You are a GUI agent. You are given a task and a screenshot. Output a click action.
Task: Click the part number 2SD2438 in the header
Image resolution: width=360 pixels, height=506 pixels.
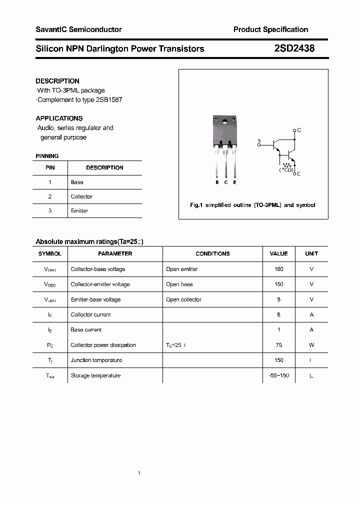pyautogui.click(x=294, y=48)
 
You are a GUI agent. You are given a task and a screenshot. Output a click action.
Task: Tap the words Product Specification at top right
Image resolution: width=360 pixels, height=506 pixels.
pyautogui.click(x=270, y=29)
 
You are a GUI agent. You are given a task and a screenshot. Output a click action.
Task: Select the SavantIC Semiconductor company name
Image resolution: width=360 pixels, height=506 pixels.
pyautogui.click(x=78, y=29)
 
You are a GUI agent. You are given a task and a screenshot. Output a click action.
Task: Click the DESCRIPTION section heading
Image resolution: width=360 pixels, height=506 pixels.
pyautogui.click(x=57, y=81)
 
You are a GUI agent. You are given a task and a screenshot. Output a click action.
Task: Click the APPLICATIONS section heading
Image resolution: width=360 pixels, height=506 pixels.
pyautogui.click(x=59, y=118)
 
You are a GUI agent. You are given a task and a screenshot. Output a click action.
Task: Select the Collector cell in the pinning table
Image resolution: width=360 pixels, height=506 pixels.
pyautogui.click(x=81, y=196)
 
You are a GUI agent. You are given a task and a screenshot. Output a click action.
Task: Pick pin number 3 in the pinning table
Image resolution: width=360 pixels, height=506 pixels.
pyautogui.click(x=50, y=210)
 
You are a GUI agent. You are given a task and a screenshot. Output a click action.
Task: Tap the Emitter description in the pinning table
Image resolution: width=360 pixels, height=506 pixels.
pyautogui.click(x=79, y=210)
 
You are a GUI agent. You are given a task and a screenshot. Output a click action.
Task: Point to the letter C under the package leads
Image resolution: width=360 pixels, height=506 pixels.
pyautogui.click(x=226, y=182)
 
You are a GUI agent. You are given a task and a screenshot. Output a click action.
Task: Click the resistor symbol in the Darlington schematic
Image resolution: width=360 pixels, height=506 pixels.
pyautogui.click(x=287, y=164)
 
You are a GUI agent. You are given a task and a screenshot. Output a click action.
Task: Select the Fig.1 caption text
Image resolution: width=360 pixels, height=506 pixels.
pyautogui.click(x=252, y=205)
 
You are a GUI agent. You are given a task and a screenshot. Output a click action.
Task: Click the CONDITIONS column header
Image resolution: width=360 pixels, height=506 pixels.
pyautogui.click(x=212, y=253)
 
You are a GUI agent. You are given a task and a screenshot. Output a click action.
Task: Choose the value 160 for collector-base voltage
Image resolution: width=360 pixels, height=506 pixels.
pyautogui.click(x=278, y=269)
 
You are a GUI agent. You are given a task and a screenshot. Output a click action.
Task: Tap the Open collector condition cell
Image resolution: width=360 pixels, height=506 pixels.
pyautogui.click(x=183, y=299)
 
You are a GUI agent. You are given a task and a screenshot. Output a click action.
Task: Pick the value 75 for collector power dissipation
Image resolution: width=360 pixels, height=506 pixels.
pyautogui.click(x=278, y=345)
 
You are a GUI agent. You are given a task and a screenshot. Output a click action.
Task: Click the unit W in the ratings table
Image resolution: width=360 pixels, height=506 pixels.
pyautogui.click(x=311, y=345)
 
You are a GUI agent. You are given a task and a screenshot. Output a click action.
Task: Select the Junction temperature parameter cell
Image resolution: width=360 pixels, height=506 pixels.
pyautogui.click(x=96, y=360)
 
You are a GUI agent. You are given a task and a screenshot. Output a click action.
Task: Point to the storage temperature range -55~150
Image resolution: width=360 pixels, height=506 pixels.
pyautogui.click(x=278, y=375)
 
